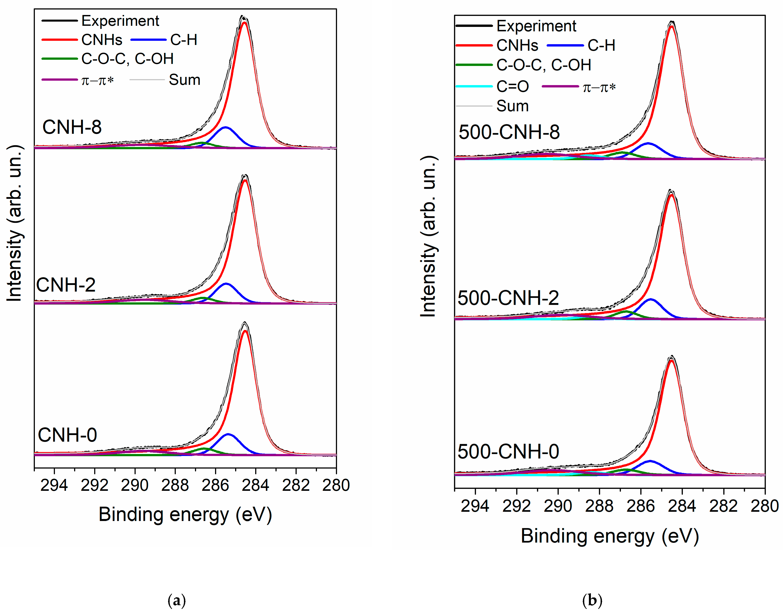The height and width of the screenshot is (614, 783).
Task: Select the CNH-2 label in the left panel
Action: point(66,285)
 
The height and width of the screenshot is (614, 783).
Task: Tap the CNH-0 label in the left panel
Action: point(67,435)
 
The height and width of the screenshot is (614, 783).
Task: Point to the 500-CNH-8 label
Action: point(509,132)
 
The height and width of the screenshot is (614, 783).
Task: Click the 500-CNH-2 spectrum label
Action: point(508,298)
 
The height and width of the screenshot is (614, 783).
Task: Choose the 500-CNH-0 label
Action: point(508,452)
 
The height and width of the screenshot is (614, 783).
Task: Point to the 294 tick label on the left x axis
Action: point(54,485)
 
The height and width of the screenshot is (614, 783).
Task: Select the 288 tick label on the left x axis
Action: point(175,485)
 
